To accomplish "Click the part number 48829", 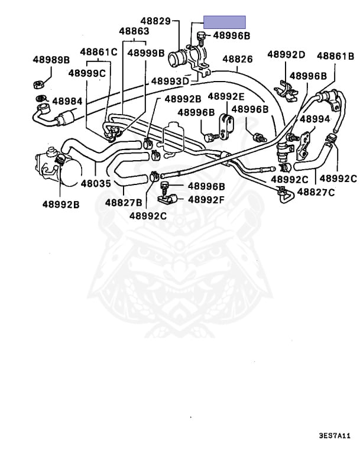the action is [x=155, y=21].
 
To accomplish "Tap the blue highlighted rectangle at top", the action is [x=225, y=22].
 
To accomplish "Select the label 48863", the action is [x=134, y=31].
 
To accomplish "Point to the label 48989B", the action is [x=51, y=60].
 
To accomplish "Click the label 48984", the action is [x=67, y=101].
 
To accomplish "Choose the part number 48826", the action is [x=238, y=59].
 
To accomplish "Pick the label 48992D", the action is [x=286, y=54].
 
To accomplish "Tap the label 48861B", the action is [x=335, y=56].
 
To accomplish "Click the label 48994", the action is [x=315, y=119].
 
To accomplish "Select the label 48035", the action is [x=96, y=183].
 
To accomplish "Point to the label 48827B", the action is [x=124, y=202].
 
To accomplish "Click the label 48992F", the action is [x=206, y=199].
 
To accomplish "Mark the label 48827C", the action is [x=316, y=192].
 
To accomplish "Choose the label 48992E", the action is [x=226, y=96].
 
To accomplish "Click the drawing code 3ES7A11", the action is [x=335, y=436].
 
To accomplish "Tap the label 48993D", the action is [x=170, y=81].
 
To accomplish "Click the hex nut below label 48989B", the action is [x=38, y=85].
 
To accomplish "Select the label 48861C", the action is [x=99, y=52].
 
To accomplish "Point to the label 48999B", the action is [x=146, y=53].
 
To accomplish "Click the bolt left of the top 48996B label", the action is [x=201, y=38].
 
